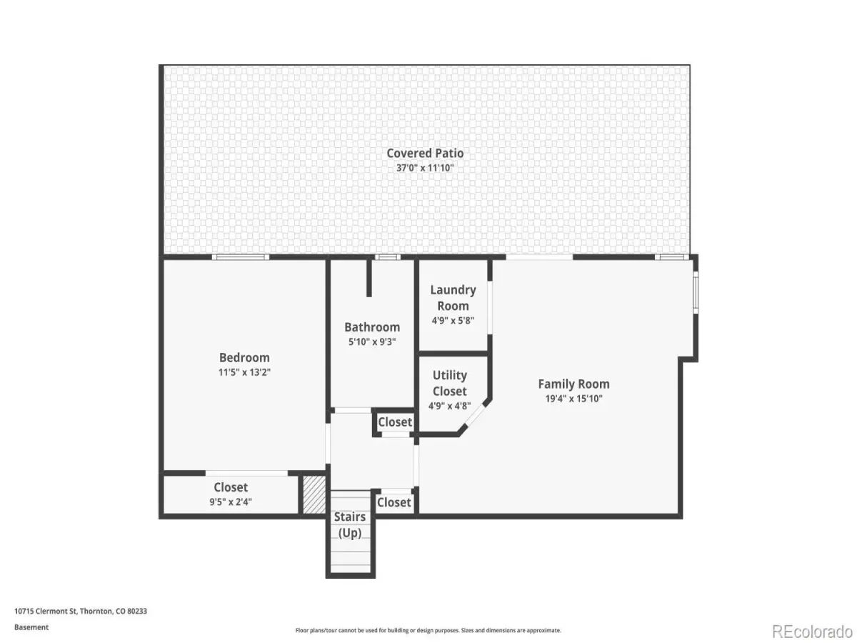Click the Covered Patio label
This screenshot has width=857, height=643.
point(425,153)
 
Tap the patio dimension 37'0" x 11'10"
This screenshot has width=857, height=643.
point(425,168)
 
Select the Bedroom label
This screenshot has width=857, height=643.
point(244,358)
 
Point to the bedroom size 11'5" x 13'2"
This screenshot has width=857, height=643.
point(244,372)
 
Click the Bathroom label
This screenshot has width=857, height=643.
point(372,327)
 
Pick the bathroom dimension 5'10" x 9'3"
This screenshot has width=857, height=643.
point(372,342)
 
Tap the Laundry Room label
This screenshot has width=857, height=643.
point(453,298)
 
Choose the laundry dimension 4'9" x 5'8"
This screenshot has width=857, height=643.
point(453,321)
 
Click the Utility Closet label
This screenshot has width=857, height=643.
point(450,383)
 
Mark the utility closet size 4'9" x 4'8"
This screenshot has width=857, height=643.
point(450,406)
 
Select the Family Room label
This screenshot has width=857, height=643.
point(573,384)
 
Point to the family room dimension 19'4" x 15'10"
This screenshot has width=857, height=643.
point(573,399)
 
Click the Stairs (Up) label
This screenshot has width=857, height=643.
point(350,524)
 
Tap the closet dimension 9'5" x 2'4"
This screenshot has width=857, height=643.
point(231,502)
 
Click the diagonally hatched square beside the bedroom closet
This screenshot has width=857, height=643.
point(314,494)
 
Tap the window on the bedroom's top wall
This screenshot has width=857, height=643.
point(241,257)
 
